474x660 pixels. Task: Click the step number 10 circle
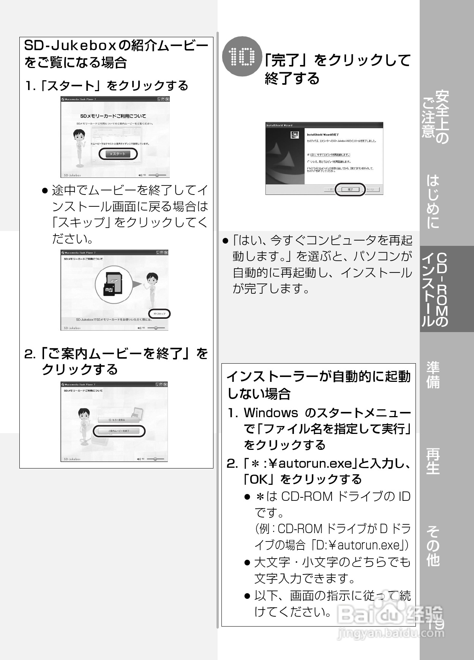pos(242,57)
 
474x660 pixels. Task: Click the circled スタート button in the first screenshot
pos(118,154)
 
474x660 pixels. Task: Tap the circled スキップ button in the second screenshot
pos(160,314)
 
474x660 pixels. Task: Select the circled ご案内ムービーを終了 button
pos(119,431)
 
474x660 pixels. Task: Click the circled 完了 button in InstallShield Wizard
pos(350,189)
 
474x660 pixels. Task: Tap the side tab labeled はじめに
pos(433,201)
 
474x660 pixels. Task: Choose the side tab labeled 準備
pos(433,375)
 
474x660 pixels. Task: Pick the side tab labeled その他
pos(433,546)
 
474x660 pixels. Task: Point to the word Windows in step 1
pos(270,413)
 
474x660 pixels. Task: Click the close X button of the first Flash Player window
pos(167,99)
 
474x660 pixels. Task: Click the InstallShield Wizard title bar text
pos(280,125)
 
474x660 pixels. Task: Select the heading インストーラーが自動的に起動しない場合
pos(318,385)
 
